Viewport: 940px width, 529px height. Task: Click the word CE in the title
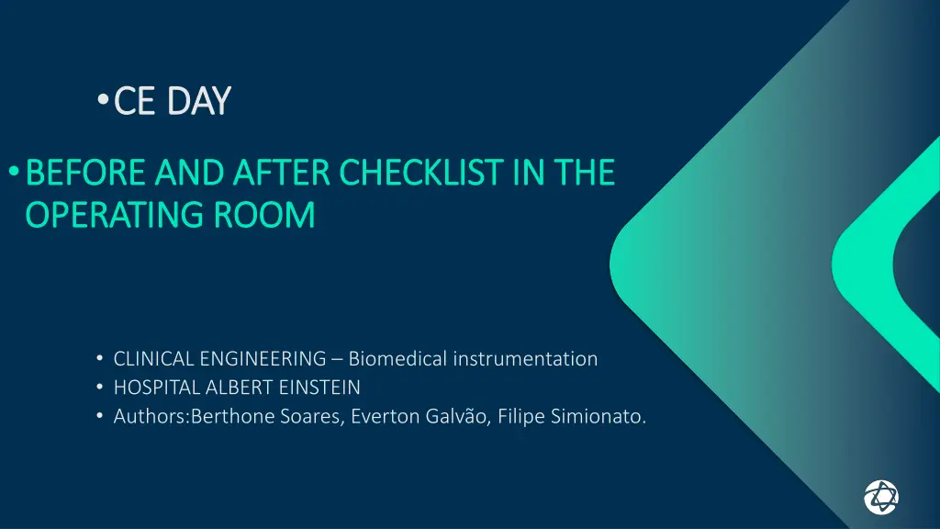tap(134, 100)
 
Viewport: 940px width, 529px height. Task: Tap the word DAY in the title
tap(199, 100)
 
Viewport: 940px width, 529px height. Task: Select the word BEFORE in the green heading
tap(85, 173)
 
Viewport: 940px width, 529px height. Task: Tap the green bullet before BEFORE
tap(14, 172)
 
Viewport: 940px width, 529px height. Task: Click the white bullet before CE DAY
tap(103, 99)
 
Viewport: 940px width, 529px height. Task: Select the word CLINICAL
tap(153, 359)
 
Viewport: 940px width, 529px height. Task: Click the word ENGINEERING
tap(263, 359)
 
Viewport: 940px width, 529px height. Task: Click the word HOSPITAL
tap(156, 388)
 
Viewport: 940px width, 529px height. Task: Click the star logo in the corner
tap(881, 497)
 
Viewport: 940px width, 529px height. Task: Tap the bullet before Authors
tap(99, 416)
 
